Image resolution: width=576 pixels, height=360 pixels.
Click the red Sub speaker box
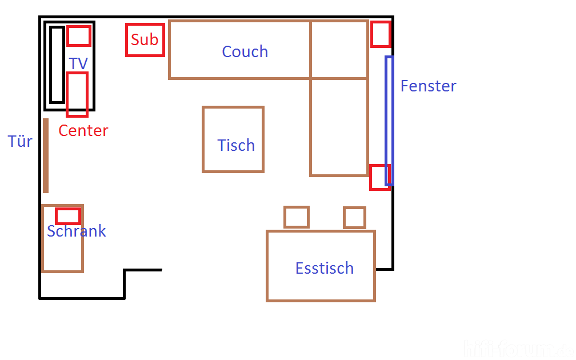tap(145, 39)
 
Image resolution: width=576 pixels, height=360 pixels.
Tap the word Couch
tap(245, 51)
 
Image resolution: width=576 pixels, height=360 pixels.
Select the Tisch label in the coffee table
tap(236, 145)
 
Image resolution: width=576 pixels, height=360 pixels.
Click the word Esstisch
tap(324, 268)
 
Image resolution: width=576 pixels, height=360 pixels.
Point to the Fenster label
tap(428, 86)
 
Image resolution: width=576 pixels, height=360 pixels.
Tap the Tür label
tap(20, 141)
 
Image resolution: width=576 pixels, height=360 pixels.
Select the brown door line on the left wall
tap(46, 155)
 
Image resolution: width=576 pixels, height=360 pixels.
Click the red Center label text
tap(83, 130)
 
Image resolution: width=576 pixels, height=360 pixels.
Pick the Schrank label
tap(76, 231)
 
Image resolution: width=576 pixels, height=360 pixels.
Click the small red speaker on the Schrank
tap(67, 216)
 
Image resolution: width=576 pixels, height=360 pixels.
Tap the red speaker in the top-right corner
tap(381, 34)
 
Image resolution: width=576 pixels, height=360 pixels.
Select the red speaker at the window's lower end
tap(379, 177)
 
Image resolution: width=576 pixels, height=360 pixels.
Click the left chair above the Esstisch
tap(297, 217)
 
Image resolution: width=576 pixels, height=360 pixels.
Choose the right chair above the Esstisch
tap(354, 218)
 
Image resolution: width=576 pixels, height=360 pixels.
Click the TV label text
tap(78, 63)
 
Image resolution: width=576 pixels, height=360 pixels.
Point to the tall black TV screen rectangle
tap(57, 65)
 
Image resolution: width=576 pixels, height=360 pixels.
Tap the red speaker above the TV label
tap(78, 36)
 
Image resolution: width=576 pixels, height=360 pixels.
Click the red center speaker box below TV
tap(77, 95)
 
